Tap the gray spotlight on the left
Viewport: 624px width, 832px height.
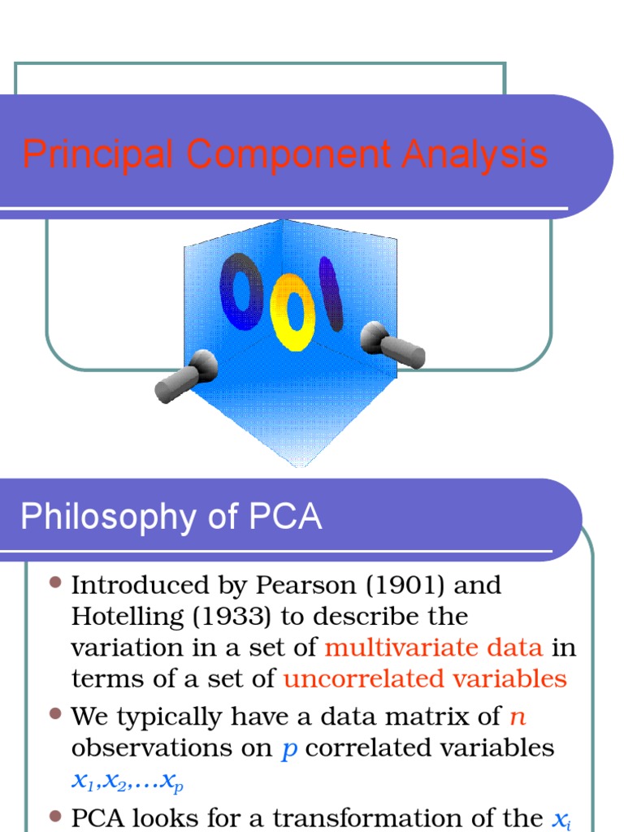tap(186, 377)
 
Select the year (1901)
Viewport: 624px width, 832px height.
tap(394, 585)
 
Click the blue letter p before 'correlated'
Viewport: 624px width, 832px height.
tap(289, 749)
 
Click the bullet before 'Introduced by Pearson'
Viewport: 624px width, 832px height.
tap(55, 583)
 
